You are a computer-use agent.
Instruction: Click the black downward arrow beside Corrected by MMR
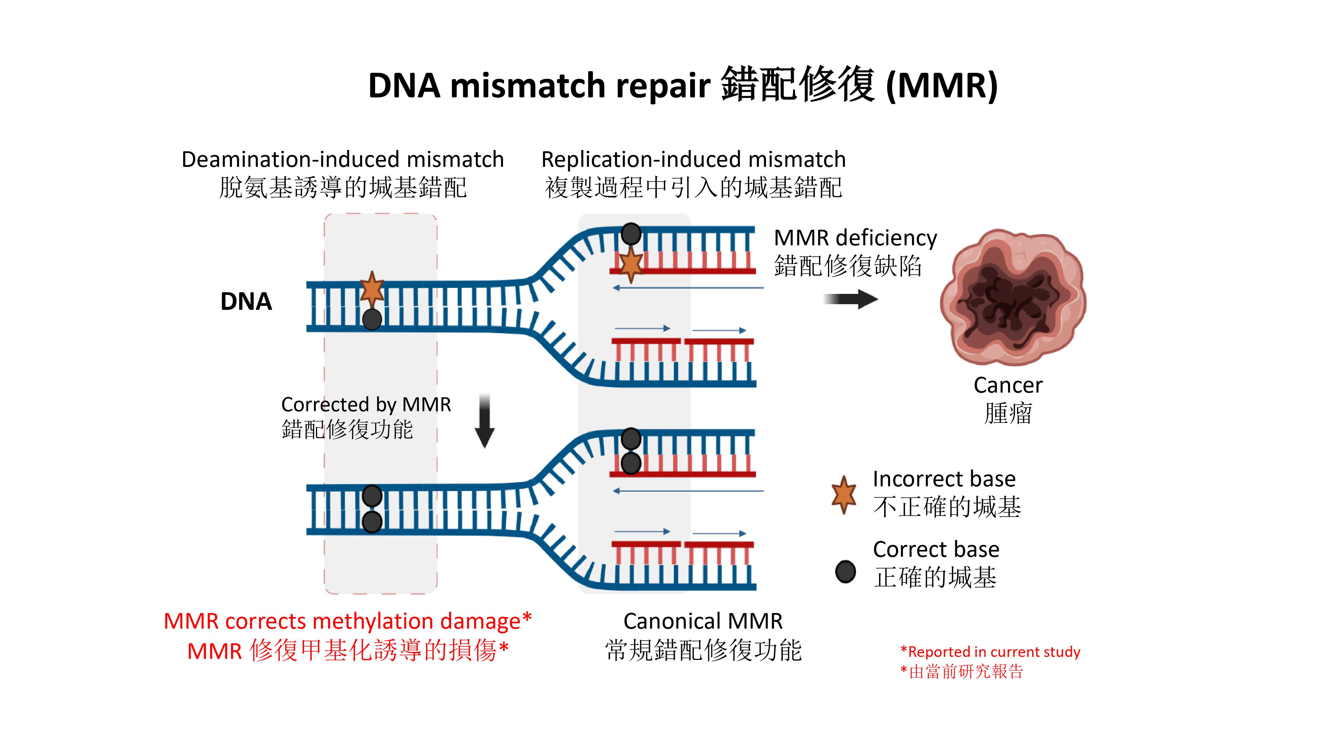pyautogui.click(x=484, y=421)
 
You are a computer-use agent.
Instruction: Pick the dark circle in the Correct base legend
pyautogui.click(x=845, y=571)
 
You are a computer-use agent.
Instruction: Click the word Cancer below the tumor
pyautogui.click(x=1008, y=385)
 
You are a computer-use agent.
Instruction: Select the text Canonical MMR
pyautogui.click(x=703, y=621)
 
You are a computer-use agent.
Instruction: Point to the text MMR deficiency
pyautogui.click(x=855, y=238)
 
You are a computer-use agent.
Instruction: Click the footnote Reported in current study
pyautogui.click(x=993, y=652)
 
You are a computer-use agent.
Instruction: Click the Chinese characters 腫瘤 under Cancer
pyautogui.click(x=1008, y=414)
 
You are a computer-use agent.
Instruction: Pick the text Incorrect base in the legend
pyautogui.click(x=944, y=479)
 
